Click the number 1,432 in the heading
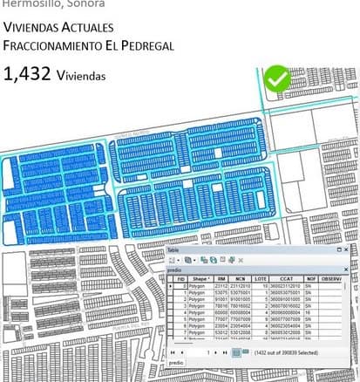tap(26, 74)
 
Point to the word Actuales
tap(83, 27)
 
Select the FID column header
tap(180, 278)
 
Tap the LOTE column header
tap(261, 278)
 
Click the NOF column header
tap(309, 278)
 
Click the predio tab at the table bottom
tap(176, 362)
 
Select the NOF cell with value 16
tap(308, 314)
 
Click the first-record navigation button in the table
tap(173, 352)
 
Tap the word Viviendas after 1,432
tap(81, 76)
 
